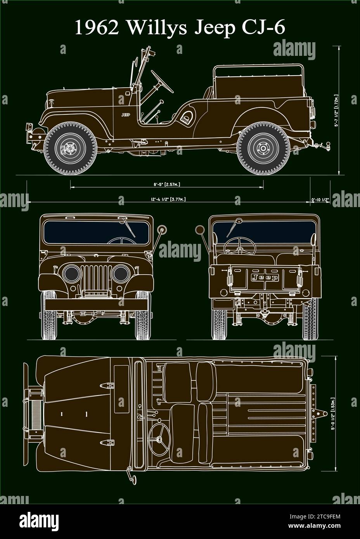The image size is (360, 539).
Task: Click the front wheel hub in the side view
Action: click(x=70, y=149)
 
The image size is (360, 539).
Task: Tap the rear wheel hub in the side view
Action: click(x=263, y=149)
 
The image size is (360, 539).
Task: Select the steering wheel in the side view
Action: click(x=163, y=81)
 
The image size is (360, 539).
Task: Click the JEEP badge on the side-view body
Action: click(x=126, y=115)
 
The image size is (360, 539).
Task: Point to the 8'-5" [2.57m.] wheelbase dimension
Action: click(x=166, y=185)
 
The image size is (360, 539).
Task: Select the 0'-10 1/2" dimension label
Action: click(x=320, y=200)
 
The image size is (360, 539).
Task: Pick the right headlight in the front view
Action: click(x=120, y=274)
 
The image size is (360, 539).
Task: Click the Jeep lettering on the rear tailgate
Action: click(x=265, y=278)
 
